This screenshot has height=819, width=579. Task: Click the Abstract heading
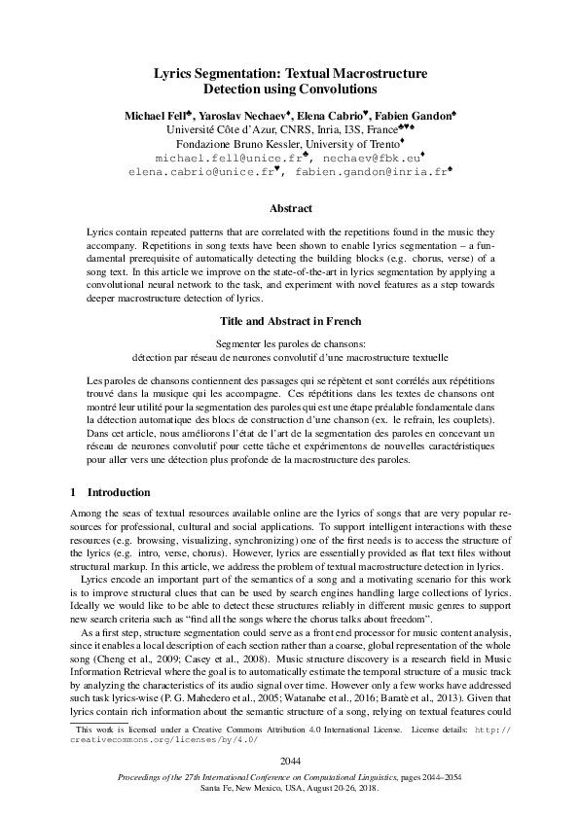tap(290, 208)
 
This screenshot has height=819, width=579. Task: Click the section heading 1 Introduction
tap(111, 492)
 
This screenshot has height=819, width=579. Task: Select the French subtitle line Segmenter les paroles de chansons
tap(290, 343)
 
